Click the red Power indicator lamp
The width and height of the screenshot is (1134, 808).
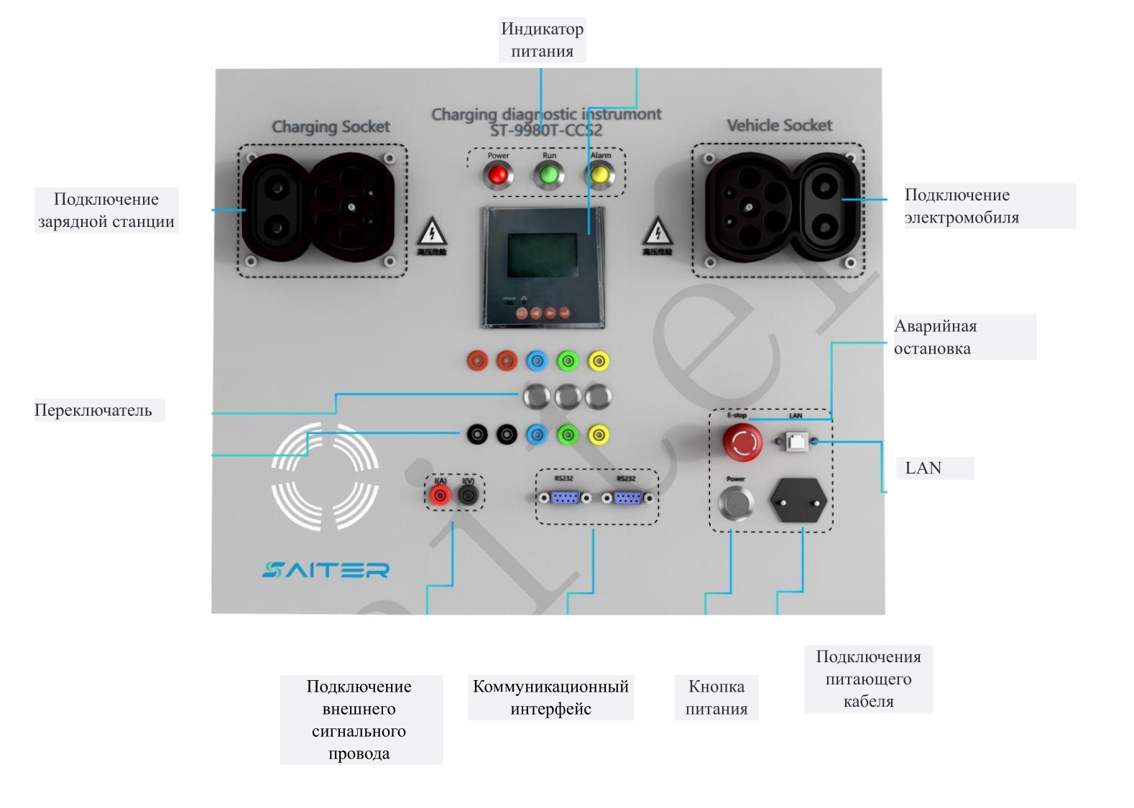point(497,175)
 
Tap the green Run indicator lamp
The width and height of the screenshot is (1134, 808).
point(549,175)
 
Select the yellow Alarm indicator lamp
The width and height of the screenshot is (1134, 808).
point(599,175)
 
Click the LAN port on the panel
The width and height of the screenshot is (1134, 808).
point(796,441)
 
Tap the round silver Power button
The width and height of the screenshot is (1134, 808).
point(736,502)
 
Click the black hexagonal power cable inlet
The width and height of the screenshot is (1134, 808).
point(798,501)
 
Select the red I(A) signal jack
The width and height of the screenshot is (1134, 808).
point(440,495)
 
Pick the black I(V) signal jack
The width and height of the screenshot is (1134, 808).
point(469,495)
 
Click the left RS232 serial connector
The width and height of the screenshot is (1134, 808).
point(565,498)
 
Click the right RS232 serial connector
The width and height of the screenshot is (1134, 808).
point(627,498)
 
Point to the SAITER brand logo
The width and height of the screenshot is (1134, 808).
point(326,570)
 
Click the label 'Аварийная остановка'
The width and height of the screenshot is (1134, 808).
point(935,337)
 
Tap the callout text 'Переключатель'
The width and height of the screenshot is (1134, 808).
point(93,410)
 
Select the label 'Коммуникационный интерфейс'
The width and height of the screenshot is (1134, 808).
point(550,697)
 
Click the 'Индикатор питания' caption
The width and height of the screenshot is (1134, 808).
point(542,40)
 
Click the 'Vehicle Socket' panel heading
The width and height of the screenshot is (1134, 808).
point(779,126)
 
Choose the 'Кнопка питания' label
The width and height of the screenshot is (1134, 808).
point(716,697)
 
